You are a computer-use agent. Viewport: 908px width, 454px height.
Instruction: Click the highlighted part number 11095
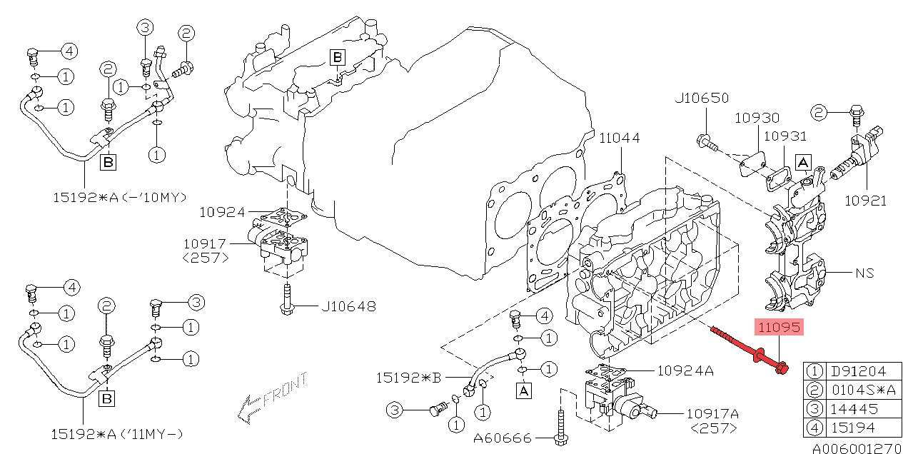[x=779, y=327]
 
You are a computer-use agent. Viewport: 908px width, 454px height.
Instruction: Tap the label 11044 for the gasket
[x=620, y=138]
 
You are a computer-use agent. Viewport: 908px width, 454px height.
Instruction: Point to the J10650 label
[x=702, y=98]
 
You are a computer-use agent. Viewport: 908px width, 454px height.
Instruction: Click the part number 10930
[x=757, y=118]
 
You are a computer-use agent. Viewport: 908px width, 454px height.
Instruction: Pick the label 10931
[x=785, y=136]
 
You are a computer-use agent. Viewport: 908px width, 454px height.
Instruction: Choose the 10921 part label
[x=865, y=201]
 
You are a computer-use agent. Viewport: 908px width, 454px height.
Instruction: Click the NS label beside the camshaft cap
[x=864, y=273]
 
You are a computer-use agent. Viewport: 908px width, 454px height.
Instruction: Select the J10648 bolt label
[x=348, y=306]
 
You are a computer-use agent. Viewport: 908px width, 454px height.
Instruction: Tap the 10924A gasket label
[x=685, y=370]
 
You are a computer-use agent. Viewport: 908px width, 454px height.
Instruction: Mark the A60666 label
[x=503, y=438]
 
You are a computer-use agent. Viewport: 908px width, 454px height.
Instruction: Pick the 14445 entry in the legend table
[x=854, y=408]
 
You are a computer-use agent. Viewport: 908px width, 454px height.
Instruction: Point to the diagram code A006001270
[x=859, y=448]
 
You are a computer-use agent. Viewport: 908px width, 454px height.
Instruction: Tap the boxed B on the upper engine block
[x=337, y=57]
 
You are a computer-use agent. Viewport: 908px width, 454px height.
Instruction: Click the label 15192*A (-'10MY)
[x=120, y=198]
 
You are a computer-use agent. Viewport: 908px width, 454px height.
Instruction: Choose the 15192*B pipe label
[x=408, y=378]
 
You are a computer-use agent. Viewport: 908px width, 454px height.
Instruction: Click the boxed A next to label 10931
[x=803, y=163]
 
